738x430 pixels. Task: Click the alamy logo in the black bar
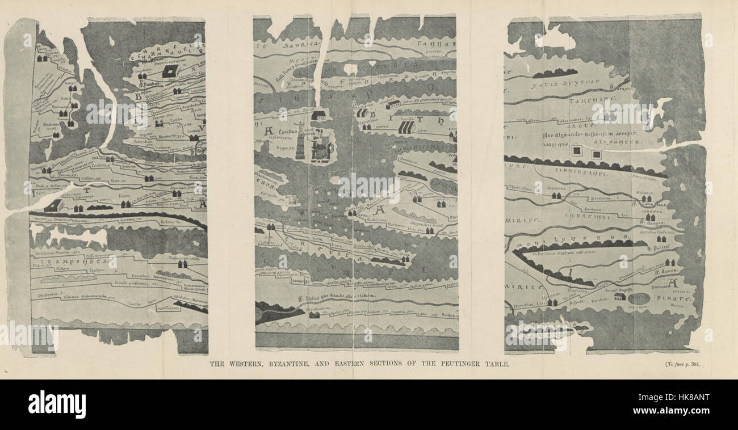coord(57,404)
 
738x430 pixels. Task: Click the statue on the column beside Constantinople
coord(300,140)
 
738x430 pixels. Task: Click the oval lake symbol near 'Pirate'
coord(639,298)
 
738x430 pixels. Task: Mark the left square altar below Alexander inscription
coord(577,151)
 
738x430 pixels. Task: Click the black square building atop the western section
coord(169,71)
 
